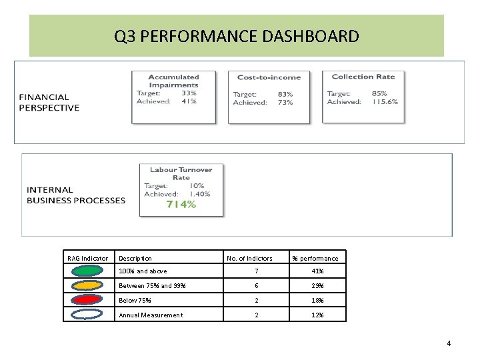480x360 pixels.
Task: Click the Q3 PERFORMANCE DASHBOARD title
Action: (x=236, y=36)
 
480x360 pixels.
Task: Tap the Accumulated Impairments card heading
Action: (x=173, y=81)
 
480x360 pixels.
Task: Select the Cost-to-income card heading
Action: (x=269, y=77)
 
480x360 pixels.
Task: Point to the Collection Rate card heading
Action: (x=363, y=77)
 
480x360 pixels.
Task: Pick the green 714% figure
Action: (x=181, y=205)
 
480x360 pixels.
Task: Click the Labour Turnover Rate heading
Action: (x=181, y=174)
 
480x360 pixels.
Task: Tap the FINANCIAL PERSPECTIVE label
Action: (x=49, y=102)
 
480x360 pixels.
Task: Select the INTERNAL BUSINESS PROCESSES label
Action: (x=75, y=195)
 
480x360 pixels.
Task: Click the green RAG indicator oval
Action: (x=86, y=271)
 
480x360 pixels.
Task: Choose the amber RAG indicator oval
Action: (x=86, y=285)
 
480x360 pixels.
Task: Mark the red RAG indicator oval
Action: (x=86, y=300)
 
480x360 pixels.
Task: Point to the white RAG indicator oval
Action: (x=86, y=315)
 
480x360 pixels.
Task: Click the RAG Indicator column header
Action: (x=87, y=258)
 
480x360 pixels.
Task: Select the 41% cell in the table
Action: (x=317, y=271)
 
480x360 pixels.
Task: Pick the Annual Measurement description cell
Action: (x=151, y=315)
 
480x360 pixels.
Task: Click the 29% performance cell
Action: (x=317, y=286)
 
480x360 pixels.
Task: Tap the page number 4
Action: (x=449, y=343)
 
